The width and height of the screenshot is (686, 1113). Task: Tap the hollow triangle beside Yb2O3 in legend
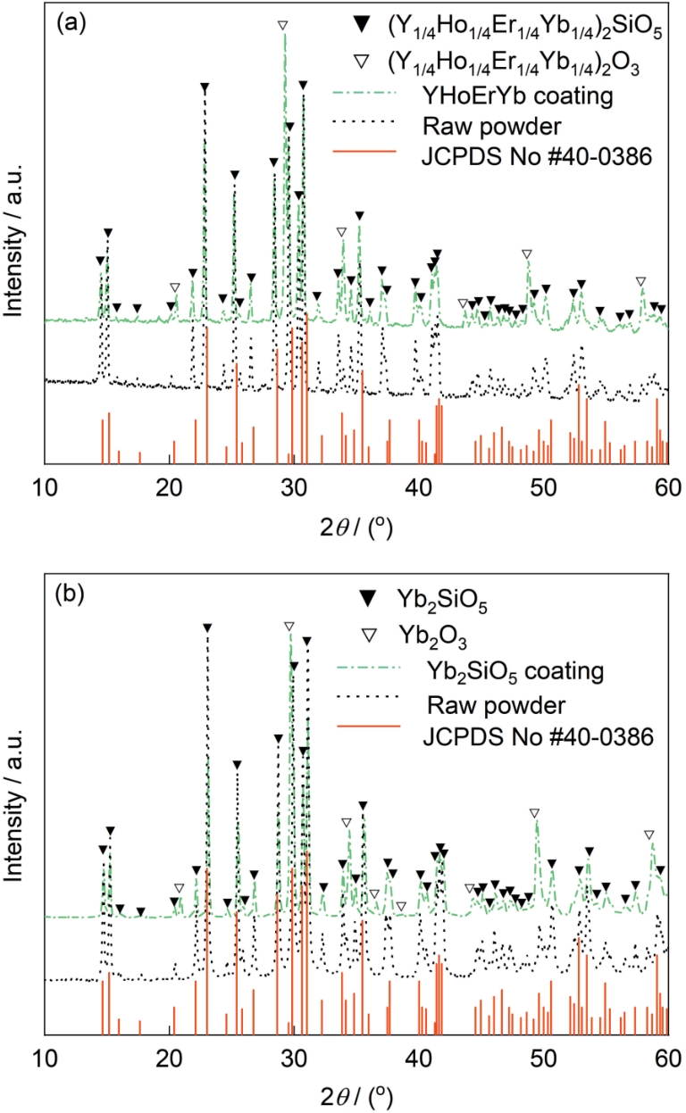click(368, 635)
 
